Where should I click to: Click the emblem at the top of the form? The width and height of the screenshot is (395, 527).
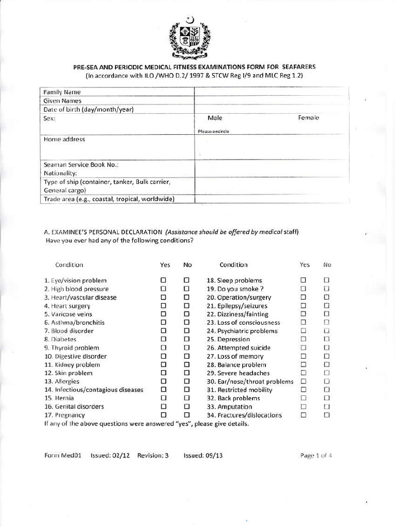coord(190,39)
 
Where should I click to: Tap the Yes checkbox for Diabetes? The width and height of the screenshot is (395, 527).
coord(164,339)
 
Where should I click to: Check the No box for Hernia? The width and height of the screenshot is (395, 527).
coord(187,398)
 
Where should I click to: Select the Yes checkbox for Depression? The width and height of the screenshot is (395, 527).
coord(303,339)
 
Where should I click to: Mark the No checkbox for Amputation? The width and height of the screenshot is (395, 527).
coord(327,407)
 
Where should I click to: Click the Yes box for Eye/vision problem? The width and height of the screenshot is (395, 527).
coord(164,280)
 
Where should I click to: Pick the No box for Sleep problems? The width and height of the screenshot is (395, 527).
coord(327,280)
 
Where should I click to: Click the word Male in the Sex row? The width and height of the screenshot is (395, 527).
coord(214,118)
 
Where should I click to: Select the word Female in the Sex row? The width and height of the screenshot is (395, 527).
coord(309,118)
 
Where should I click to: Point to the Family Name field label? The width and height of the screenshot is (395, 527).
coord(62,92)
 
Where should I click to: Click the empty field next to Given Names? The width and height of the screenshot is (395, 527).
coord(272,101)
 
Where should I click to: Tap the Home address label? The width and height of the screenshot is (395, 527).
coord(64,139)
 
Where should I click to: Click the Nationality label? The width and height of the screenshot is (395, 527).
coord(60,173)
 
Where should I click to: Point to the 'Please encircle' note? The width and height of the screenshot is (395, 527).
coord(213,131)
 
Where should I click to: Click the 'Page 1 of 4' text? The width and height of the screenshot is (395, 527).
coord(316,455)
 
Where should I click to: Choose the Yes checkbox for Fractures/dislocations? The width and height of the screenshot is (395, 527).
coord(303,415)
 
